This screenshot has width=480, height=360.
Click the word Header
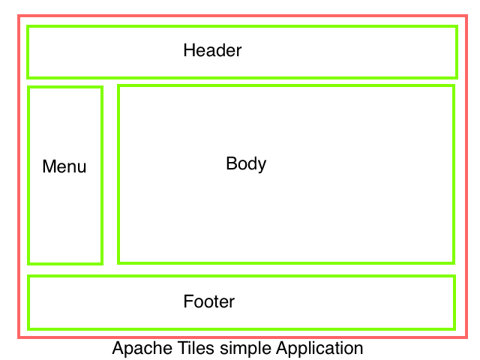(212, 51)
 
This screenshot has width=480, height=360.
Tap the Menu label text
(64, 166)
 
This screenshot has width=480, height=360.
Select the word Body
(246, 163)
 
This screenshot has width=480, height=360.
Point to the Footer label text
(209, 301)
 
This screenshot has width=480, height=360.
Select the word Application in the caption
(319, 349)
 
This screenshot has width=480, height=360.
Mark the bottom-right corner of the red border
(468, 337)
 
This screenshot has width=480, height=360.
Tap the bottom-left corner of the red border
(19, 337)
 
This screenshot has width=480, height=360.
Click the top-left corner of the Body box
(118, 85)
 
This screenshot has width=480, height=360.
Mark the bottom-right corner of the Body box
(454, 262)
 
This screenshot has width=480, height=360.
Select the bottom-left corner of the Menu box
(28, 263)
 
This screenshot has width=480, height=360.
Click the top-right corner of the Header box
(456, 27)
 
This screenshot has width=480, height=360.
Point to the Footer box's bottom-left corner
(28, 328)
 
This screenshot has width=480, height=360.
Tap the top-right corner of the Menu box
(101, 87)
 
